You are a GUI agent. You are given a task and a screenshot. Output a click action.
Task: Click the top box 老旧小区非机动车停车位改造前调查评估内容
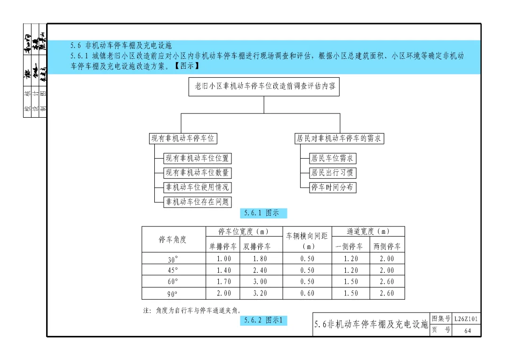pos(264,87)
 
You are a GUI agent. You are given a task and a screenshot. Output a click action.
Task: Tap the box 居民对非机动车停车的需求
pos(339,138)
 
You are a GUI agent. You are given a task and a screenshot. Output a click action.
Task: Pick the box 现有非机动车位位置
pos(198,159)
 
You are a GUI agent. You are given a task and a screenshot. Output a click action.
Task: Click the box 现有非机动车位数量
pos(198,173)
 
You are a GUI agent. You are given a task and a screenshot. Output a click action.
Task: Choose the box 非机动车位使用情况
pos(198,187)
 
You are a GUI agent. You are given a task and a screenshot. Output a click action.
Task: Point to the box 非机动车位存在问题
pos(198,202)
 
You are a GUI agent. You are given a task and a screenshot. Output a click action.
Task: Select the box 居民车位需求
pos(333,159)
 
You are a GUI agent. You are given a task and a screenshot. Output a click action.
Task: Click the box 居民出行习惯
pos(333,173)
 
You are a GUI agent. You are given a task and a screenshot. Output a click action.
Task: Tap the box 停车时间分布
pos(333,187)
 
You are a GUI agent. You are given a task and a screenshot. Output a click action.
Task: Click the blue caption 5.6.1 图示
pos(262,213)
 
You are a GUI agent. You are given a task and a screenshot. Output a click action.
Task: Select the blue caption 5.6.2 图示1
pos(263,320)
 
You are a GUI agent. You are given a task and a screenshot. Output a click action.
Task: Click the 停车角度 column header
pos(173,240)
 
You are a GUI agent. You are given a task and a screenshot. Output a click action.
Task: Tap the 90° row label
pos(173,294)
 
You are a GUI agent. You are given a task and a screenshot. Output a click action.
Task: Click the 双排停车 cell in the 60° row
pos(260,282)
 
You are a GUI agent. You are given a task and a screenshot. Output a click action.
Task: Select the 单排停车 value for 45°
pos(224,270)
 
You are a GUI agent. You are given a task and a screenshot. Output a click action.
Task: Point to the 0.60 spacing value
pos(307,294)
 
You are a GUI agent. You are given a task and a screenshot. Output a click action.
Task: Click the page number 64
pos(467,331)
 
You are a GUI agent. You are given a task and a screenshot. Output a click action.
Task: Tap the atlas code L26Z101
pos(467,319)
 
